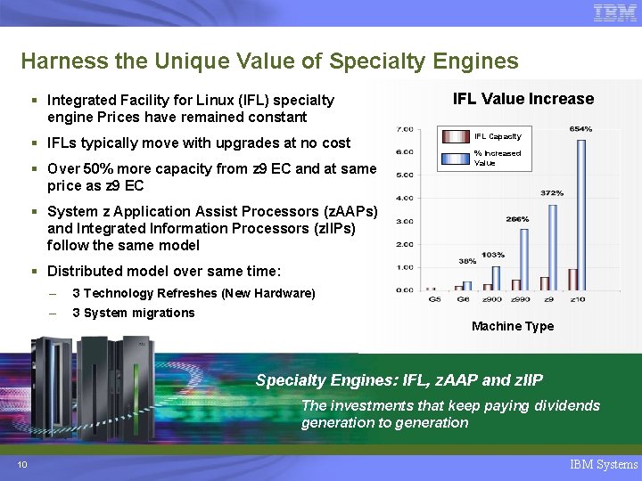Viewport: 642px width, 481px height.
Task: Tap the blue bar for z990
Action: [524, 259]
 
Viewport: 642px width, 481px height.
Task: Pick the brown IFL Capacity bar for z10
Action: [572, 280]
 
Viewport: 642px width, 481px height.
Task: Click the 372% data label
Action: [552, 192]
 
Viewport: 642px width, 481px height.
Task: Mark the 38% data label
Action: [466, 261]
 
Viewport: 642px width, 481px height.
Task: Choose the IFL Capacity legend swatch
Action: [457, 136]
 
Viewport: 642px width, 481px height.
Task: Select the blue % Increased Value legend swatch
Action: [457, 158]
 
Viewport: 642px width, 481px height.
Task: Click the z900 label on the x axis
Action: [493, 299]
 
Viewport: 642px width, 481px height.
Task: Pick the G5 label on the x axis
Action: [434, 299]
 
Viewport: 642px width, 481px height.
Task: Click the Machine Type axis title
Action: [512, 326]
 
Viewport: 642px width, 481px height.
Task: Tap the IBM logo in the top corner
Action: [614, 13]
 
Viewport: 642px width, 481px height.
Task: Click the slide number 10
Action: [21, 464]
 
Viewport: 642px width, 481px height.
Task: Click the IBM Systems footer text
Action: [604, 464]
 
